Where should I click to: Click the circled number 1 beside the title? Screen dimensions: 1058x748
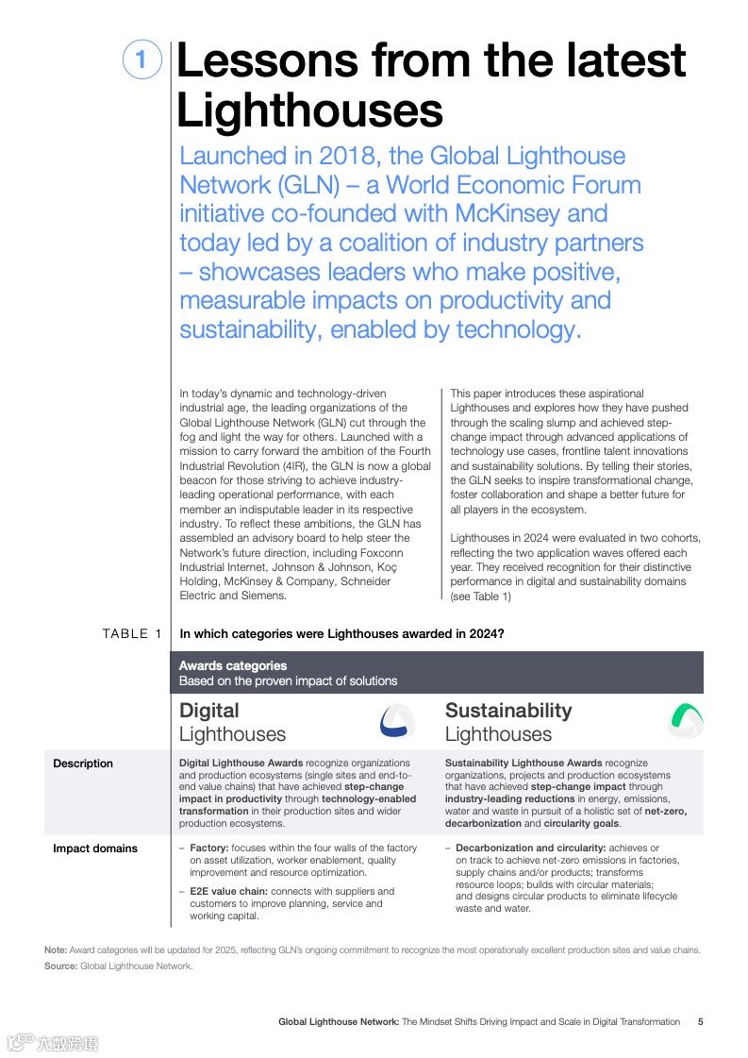point(141,60)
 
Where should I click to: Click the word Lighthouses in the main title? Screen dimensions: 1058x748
point(309,110)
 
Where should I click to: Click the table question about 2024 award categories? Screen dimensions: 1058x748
point(341,634)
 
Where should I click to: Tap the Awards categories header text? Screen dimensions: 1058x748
point(233,666)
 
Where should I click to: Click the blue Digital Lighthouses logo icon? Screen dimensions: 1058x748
point(397,722)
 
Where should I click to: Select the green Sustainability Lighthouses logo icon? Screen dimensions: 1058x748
point(687,722)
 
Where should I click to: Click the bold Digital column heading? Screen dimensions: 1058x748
point(209,711)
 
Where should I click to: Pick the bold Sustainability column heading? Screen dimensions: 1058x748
point(508,711)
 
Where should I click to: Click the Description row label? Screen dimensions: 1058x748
point(83,764)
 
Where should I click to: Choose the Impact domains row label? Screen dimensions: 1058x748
point(95,848)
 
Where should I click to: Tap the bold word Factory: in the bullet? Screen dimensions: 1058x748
point(209,848)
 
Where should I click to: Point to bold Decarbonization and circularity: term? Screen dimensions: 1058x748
point(531,848)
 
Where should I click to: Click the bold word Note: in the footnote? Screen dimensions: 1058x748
point(56,949)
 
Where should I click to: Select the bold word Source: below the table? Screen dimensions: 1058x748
point(61,966)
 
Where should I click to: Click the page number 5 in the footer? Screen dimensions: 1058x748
point(700,1022)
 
